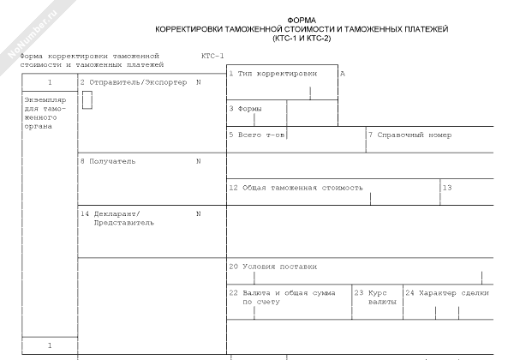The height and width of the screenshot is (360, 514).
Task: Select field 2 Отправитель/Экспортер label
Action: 133,82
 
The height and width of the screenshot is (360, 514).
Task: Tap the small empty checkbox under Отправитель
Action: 87,100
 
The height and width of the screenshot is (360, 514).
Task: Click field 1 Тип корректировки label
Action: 278,75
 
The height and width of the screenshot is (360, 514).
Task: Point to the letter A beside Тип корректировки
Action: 343,75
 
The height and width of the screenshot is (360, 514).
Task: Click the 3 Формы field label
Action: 246,109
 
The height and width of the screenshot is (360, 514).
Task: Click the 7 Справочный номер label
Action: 409,135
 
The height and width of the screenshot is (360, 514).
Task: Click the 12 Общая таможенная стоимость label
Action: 296,186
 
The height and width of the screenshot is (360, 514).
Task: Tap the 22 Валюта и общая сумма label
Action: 285,297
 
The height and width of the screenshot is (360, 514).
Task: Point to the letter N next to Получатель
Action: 198,160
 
